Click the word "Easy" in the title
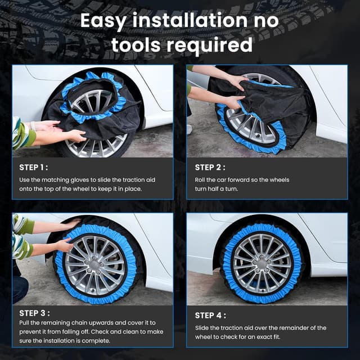pyautogui.click(x=103, y=21)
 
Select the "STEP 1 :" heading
pyautogui.click(x=34, y=168)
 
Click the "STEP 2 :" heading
pyautogui.click(x=210, y=168)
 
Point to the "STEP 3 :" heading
pyautogui.click(x=34, y=313)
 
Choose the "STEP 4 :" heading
pyautogui.click(x=210, y=316)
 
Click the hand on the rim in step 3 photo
pyautogui.click(x=64, y=245)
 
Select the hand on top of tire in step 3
pyautogui.click(x=71, y=223)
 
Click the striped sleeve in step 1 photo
pyautogui.click(x=22, y=134)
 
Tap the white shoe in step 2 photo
pyautogui.click(x=190, y=129)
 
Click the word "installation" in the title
pyautogui.click(x=190, y=21)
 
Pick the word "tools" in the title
pyautogui.click(x=136, y=44)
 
